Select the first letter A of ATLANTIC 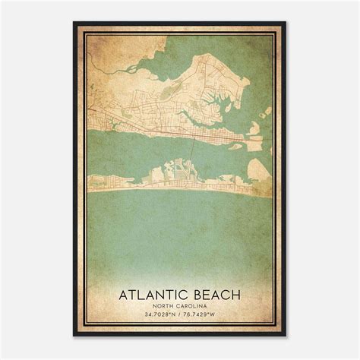(x=124, y=293)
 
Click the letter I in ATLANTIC (x=178, y=293)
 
